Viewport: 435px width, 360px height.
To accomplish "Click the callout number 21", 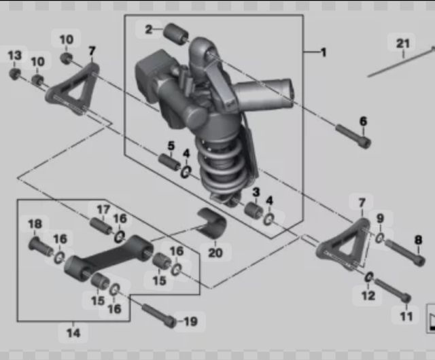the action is coord(403,44).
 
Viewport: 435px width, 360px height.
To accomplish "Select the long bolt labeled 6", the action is coord(353,136).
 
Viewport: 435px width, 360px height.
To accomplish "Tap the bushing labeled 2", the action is coord(175,34).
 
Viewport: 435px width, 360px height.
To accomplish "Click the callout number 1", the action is coord(324,52).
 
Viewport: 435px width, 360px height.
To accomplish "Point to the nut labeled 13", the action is coord(14,73).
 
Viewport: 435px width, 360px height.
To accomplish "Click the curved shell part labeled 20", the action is coord(212,222).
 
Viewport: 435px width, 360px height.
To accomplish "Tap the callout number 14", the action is coord(73,333).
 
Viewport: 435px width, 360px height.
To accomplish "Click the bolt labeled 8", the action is coord(405,253).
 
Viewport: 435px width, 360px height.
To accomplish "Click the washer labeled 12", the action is coord(368,277).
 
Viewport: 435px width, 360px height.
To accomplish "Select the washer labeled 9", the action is coord(380,238).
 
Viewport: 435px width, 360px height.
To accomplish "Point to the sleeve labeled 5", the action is coord(169,162).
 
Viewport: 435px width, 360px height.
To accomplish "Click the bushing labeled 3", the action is coord(254,211).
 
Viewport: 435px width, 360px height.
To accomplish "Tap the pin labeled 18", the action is coord(41,247).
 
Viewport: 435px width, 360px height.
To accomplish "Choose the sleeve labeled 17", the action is coord(101,226).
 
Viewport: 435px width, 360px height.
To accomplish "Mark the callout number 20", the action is coord(215,253).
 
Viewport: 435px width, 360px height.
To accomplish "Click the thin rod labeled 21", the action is coord(401,62).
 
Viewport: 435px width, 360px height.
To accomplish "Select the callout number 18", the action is coord(35,224).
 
